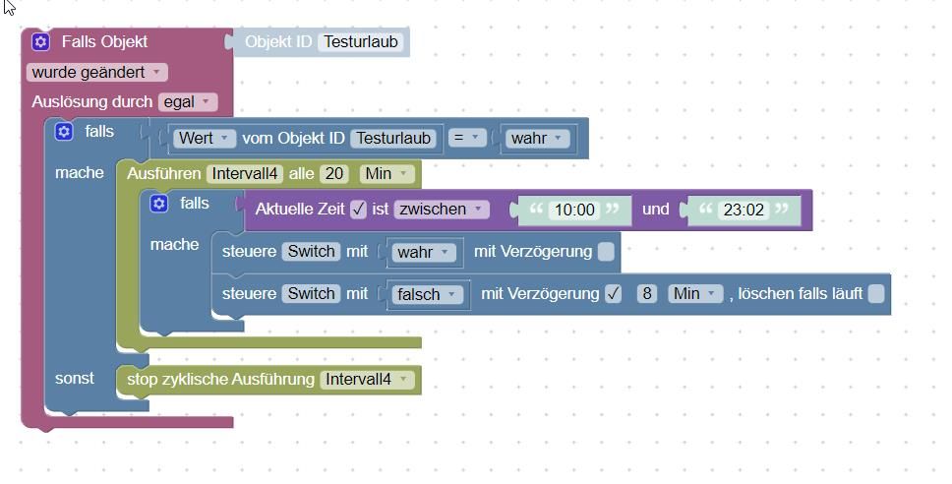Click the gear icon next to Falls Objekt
point(40,41)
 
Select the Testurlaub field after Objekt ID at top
point(361,42)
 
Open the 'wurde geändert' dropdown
point(96,72)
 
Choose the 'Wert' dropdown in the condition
point(205,138)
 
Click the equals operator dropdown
point(465,138)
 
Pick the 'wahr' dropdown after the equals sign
point(536,138)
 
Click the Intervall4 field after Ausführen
point(244,173)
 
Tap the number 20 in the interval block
point(334,173)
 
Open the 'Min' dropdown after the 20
point(387,173)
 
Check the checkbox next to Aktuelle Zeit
point(358,209)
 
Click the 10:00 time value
point(574,210)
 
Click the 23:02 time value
point(744,210)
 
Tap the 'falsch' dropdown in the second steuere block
point(427,294)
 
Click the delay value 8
point(646,293)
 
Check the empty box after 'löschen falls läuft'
point(876,293)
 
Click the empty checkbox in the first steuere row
point(606,252)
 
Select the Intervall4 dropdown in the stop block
point(366,379)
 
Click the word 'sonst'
point(75,378)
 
